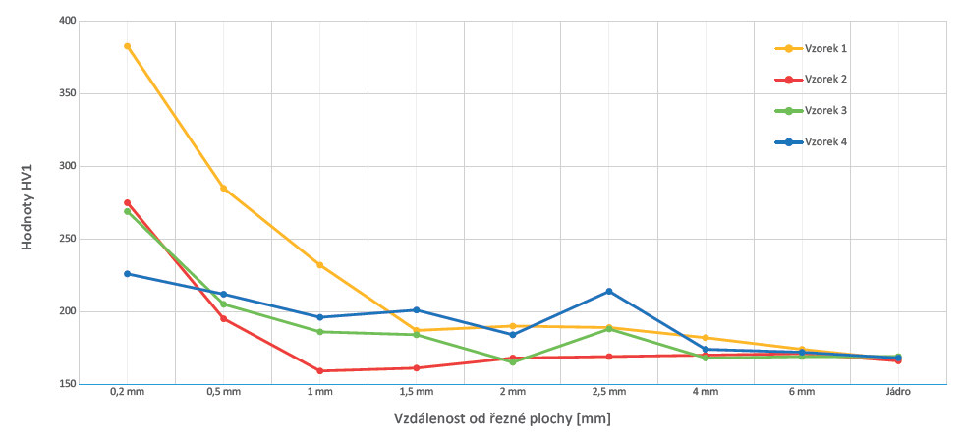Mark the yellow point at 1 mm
(x=320, y=265)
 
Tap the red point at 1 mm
(x=320, y=371)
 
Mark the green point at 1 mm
(x=320, y=332)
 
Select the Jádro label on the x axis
(x=897, y=393)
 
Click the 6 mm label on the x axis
(x=802, y=393)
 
